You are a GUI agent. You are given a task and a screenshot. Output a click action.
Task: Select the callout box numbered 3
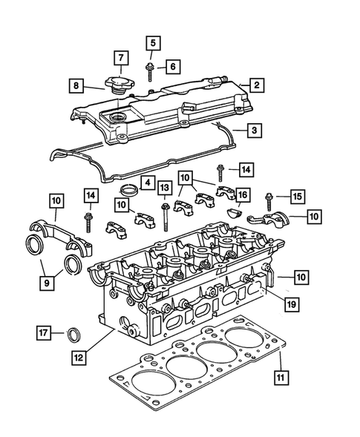click(255, 131)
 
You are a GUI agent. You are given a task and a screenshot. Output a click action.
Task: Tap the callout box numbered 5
click(151, 43)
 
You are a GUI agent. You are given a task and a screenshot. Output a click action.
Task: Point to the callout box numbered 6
click(171, 67)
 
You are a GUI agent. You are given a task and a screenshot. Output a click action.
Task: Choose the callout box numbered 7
click(120, 57)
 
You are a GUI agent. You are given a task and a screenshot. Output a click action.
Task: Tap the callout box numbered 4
click(148, 182)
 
